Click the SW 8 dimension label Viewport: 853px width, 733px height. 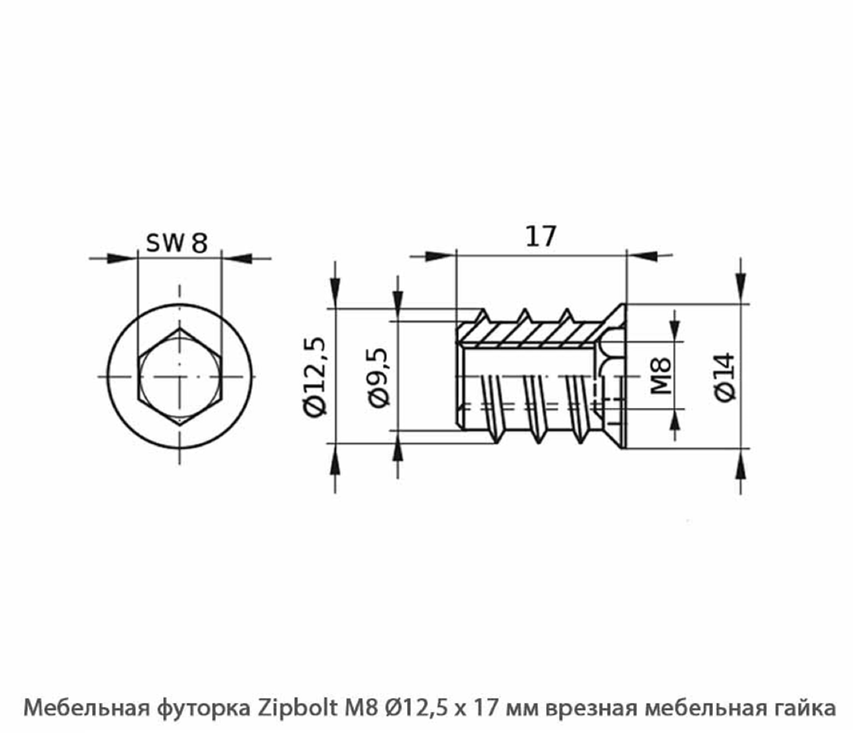[177, 243]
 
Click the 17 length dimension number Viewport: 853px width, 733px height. [540, 236]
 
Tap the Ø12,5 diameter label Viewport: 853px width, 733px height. [316, 377]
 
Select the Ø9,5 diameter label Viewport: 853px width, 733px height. [378, 378]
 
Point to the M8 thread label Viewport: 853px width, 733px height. [661, 376]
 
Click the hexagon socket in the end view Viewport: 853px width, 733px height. [179, 377]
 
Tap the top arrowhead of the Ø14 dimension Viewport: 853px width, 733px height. [740, 282]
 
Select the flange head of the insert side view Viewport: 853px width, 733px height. [616, 377]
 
